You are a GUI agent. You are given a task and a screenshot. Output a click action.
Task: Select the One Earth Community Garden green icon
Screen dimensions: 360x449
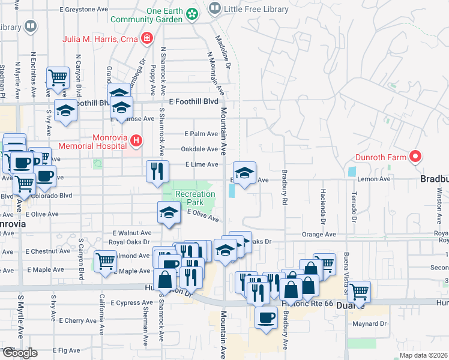[192, 14]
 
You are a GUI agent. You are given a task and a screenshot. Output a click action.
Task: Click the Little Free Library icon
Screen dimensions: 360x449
[214, 8]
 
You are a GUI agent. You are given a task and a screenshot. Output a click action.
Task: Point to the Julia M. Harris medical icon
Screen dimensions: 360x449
[146, 40]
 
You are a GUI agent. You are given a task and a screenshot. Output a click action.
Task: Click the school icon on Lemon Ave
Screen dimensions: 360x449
[244, 173]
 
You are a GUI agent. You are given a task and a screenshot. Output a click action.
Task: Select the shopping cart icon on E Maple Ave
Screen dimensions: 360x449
[105, 261]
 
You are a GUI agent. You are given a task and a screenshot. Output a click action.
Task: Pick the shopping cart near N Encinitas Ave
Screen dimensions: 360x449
[57, 77]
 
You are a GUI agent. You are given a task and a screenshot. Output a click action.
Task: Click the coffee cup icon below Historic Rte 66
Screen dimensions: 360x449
[265, 318]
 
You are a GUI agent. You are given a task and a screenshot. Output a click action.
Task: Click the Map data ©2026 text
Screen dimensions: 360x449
[423, 355]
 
